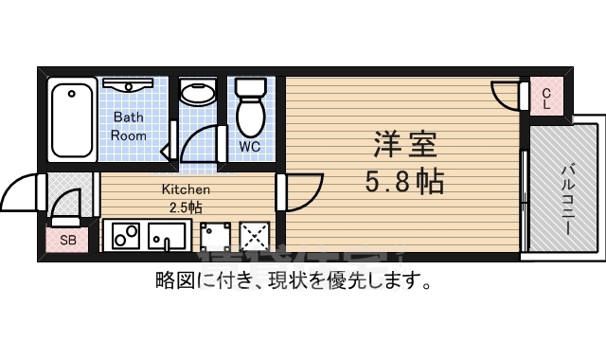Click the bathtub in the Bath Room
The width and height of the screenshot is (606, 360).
pos(72,122)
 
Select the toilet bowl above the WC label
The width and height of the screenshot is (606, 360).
pos(252,109)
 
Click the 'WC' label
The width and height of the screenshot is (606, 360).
pos(249,147)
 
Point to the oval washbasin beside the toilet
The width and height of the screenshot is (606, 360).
pos(198,94)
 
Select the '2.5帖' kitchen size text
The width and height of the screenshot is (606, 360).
pos(184,207)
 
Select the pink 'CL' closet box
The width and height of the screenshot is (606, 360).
pos(546,98)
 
